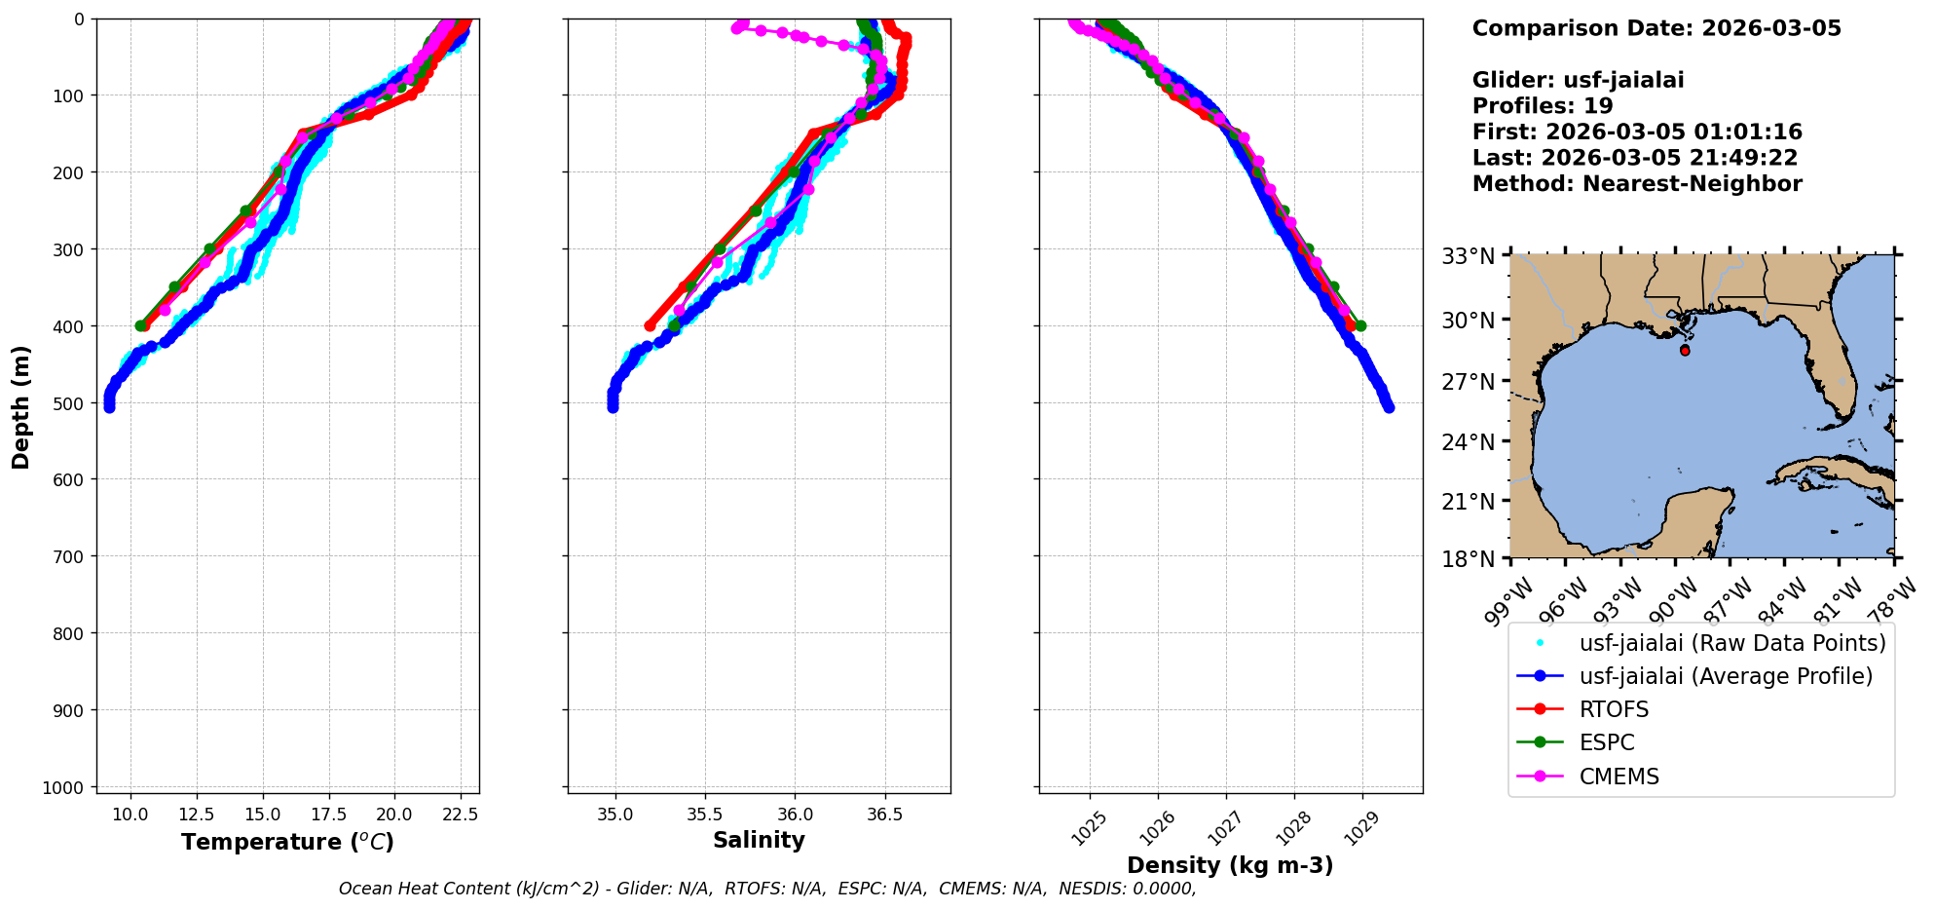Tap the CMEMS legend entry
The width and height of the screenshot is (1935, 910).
(1619, 777)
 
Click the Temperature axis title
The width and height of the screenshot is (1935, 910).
(287, 842)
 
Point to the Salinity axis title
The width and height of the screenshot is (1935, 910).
(759, 840)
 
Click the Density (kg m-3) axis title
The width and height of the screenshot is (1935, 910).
(1230, 865)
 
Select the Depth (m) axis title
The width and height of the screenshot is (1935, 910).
(21, 406)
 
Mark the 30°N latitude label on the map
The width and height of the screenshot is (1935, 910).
(1469, 320)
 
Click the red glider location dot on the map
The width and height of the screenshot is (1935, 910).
(1685, 350)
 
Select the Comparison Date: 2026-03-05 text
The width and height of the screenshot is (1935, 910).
(1656, 28)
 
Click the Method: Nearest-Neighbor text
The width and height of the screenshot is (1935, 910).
(1637, 183)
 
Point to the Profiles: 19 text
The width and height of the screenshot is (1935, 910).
(1543, 106)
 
